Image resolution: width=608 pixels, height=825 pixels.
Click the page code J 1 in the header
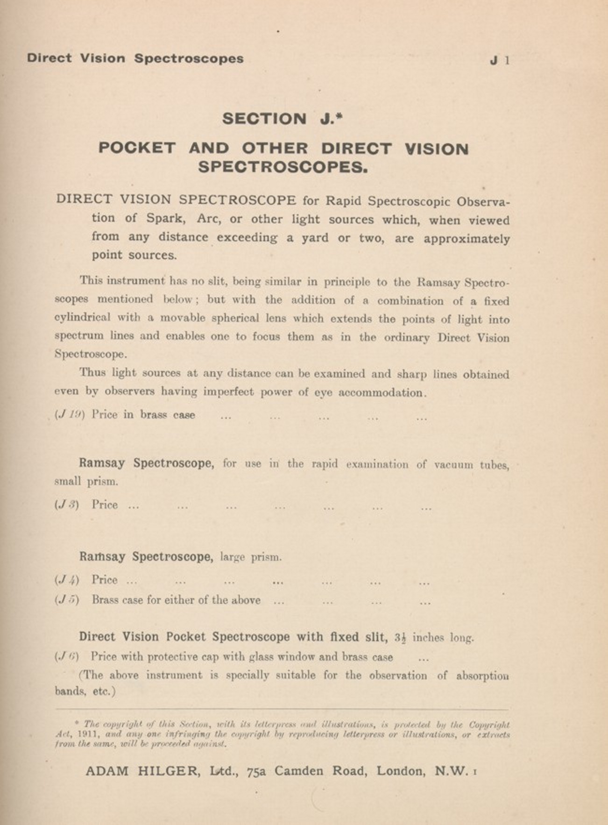click(x=499, y=60)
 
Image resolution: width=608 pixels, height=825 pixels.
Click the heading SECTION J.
click(x=282, y=119)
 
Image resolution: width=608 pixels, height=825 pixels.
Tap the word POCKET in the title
click(x=137, y=148)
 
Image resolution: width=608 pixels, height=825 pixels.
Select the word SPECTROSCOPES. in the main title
click(x=283, y=167)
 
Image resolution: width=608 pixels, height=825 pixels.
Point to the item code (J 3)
click(x=67, y=505)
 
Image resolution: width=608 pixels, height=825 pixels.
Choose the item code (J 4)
click(x=67, y=580)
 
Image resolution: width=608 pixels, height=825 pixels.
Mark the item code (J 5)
click(x=67, y=600)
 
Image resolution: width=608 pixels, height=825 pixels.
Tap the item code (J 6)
click(x=67, y=656)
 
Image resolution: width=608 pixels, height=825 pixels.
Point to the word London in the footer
click(x=401, y=771)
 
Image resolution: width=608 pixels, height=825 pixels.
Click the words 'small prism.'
click(x=86, y=481)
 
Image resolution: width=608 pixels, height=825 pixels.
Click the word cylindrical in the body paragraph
click(x=82, y=318)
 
